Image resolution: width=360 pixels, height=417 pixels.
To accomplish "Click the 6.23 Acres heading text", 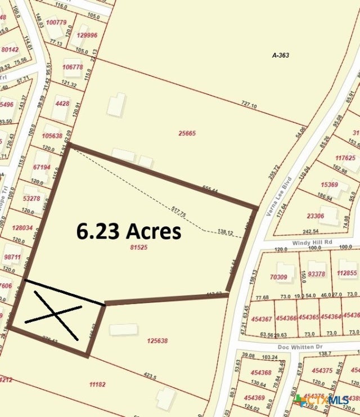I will coord(129,231).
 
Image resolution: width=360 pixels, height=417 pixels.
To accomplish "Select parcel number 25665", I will coord(187,133).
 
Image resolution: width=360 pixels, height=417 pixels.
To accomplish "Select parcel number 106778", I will coord(73,67).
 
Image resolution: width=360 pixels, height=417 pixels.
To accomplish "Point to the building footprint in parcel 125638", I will coord(123,329).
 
